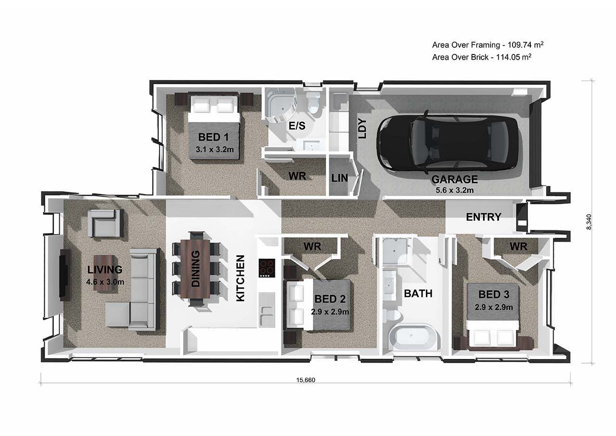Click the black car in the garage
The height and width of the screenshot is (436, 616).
coord(448,142)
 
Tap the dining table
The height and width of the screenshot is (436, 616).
coord(195,269)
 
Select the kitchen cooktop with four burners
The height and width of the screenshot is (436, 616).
coord(267,268)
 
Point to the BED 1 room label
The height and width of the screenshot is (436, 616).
coord(213,137)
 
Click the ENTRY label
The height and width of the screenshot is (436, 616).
coord(484,217)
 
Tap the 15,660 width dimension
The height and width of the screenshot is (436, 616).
coord(306,380)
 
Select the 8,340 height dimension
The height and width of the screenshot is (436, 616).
coord(589,222)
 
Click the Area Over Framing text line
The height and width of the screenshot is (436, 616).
coord(488,45)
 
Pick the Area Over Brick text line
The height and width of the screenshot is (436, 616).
coord(482,57)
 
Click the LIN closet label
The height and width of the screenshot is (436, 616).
coord(340,178)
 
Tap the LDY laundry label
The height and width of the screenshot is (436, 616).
coord(363,129)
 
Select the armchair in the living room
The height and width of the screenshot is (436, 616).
coord(105,223)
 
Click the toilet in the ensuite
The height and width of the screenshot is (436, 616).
coord(314,103)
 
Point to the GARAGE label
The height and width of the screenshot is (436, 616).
coord(454,180)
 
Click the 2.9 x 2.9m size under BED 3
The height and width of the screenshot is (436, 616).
coord(494,307)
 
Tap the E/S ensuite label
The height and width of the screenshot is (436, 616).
coord(297,126)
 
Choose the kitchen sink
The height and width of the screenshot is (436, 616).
coord(267,310)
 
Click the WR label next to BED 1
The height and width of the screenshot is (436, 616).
coord(297,176)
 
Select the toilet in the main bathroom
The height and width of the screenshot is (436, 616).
coord(391,316)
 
